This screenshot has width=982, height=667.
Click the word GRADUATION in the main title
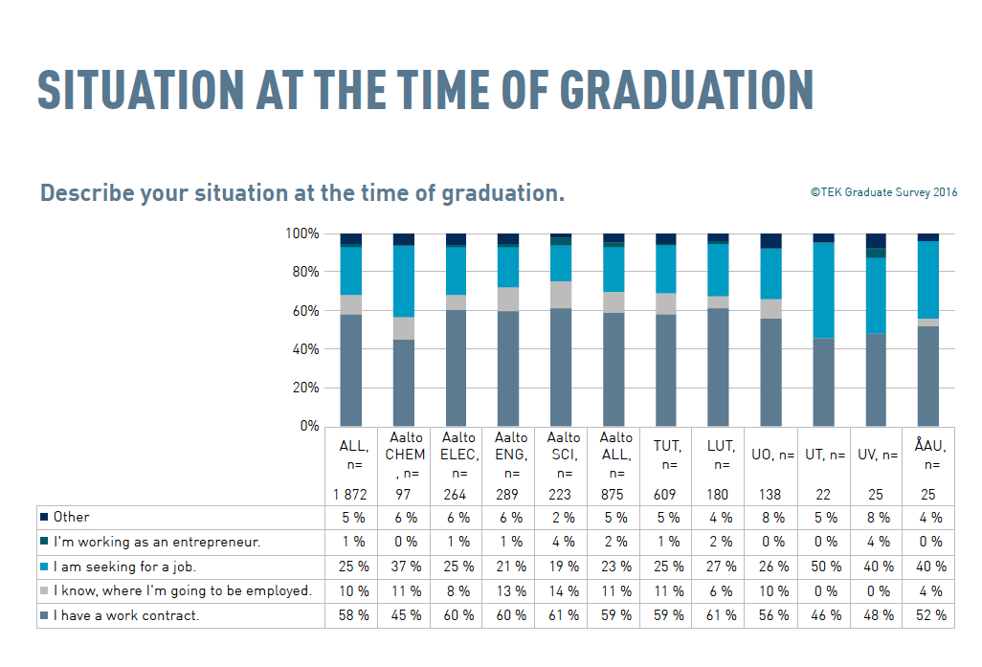point(686,89)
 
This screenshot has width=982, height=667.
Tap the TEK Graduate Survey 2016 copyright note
point(883,192)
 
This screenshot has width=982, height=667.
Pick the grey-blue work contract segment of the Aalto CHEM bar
point(403,383)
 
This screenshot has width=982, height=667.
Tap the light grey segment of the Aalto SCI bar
point(560,295)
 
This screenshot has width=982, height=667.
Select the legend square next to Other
point(44,518)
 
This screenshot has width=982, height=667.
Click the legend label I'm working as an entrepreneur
point(157,542)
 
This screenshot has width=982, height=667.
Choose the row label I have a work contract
point(126,615)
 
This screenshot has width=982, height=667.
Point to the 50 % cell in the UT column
point(822,567)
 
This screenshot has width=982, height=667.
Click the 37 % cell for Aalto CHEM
point(405,567)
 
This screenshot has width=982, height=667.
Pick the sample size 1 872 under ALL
point(351,495)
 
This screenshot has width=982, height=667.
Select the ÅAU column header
point(927,455)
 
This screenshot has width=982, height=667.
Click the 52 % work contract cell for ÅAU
point(927,615)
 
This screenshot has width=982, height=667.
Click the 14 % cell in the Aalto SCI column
point(561,590)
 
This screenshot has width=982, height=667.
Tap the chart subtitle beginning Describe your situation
point(302,193)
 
